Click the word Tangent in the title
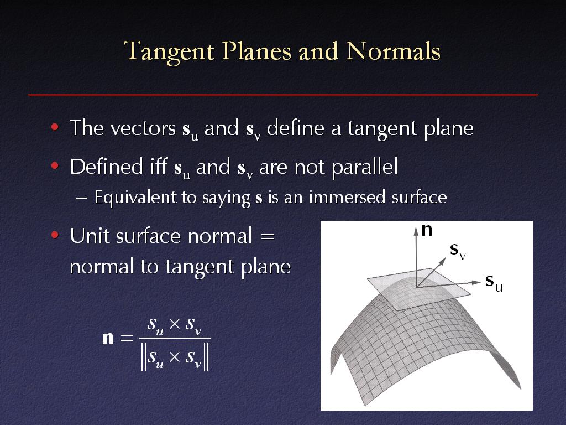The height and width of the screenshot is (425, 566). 169,51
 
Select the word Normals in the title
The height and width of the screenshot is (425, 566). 393,50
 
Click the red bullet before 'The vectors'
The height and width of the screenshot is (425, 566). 55,127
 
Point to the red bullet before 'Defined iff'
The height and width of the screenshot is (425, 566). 55,166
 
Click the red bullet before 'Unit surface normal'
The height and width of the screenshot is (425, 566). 55,235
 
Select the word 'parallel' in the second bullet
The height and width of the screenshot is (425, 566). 365,168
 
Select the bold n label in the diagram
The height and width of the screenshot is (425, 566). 427,230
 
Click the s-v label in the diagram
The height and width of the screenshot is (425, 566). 458,251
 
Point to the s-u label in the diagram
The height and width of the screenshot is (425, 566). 494,282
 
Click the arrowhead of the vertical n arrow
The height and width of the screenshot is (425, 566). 416,230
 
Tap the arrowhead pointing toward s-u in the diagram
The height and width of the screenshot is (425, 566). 477,282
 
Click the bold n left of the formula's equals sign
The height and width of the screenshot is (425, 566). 108,338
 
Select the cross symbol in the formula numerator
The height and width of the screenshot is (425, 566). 174,324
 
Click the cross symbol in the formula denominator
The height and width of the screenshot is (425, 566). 174,357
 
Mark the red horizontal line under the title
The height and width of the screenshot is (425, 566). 283,95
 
